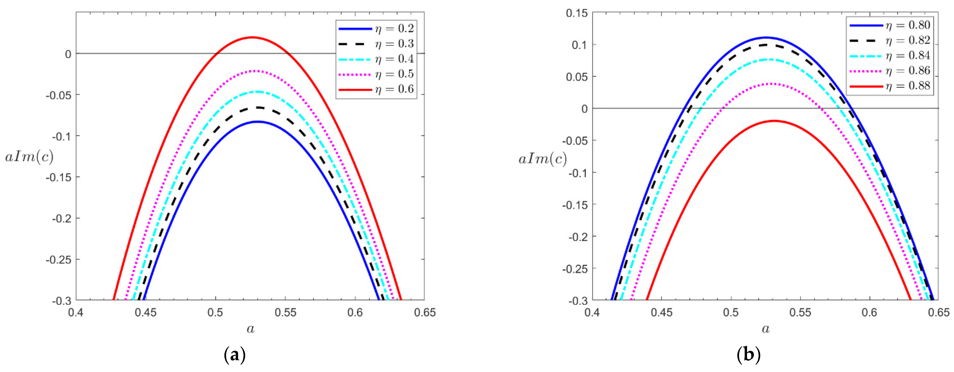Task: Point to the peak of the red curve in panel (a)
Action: (252, 37)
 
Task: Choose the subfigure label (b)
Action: (749, 355)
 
